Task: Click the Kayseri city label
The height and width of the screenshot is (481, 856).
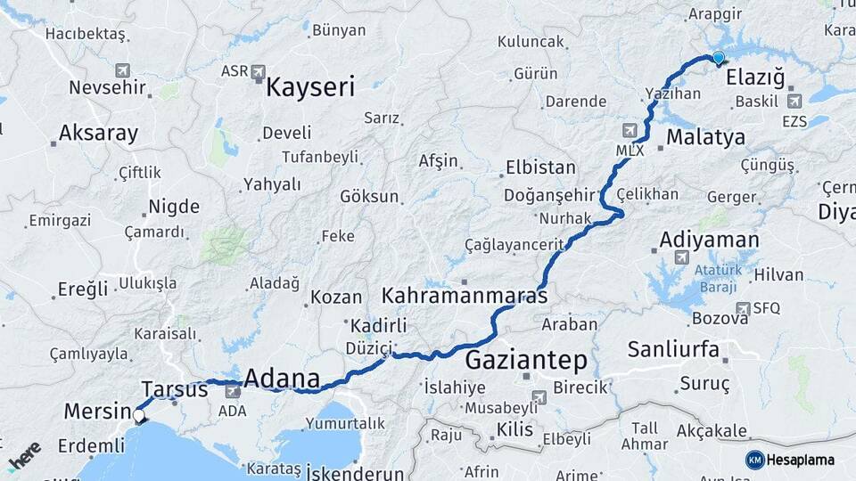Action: click(310, 87)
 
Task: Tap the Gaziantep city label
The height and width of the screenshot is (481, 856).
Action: click(526, 361)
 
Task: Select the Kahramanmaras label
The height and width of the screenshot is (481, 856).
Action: click(465, 295)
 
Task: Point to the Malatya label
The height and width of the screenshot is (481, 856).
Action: click(705, 137)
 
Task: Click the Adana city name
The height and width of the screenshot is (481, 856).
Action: click(281, 379)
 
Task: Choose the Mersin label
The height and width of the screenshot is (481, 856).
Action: click(98, 412)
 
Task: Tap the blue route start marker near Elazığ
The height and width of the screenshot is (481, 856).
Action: click(718, 58)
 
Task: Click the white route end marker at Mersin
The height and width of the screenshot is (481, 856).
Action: click(139, 415)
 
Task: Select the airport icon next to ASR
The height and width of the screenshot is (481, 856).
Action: click(259, 70)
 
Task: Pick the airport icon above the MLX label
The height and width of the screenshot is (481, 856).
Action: click(631, 129)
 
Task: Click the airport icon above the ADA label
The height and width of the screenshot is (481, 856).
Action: click(234, 390)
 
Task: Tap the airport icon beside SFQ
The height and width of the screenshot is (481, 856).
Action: click(743, 308)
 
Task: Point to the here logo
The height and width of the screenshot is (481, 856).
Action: click(24, 455)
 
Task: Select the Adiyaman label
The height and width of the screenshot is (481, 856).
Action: click(710, 240)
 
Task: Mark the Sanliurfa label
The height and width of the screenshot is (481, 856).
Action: click(673, 349)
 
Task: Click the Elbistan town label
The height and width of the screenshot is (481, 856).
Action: click(540, 167)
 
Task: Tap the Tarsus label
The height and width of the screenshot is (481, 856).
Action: click(175, 389)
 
